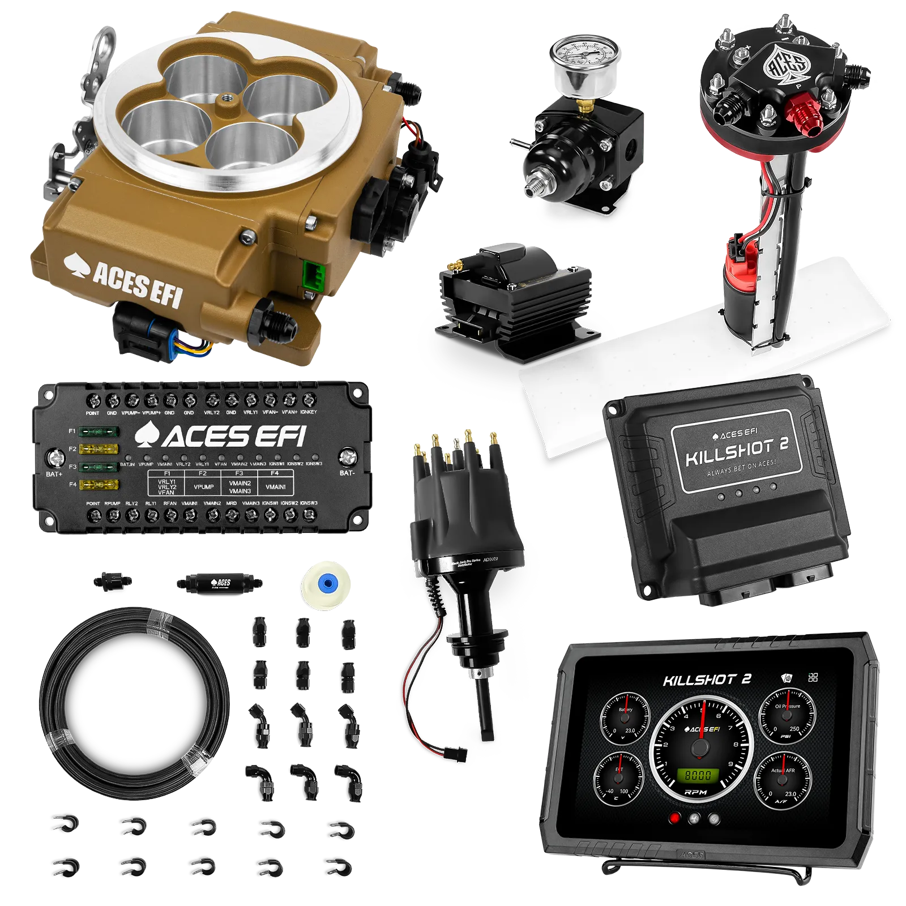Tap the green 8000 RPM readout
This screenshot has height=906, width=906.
(x=698, y=775)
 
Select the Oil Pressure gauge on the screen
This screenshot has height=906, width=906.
(x=787, y=717)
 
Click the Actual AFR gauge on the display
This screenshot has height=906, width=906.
(x=783, y=780)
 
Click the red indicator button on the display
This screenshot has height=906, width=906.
(x=674, y=818)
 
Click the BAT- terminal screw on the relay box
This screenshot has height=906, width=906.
(x=348, y=456)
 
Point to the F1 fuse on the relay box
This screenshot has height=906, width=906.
(x=99, y=431)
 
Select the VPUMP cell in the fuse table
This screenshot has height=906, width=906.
(x=203, y=487)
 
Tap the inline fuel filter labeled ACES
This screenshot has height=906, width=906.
(x=219, y=583)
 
